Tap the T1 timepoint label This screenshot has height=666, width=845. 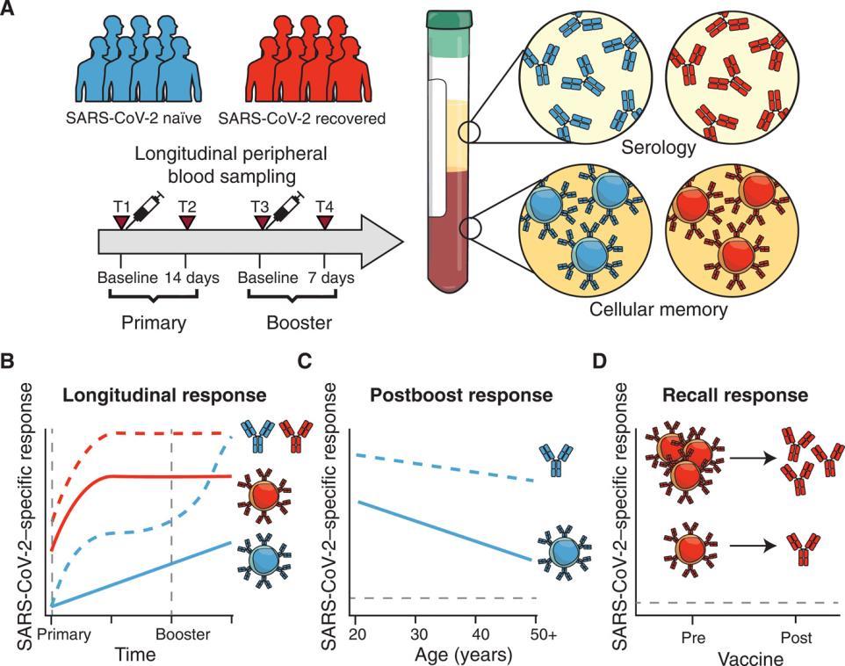click(122, 206)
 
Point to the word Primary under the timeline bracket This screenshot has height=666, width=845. click(154, 322)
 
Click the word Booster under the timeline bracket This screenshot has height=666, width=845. click(300, 322)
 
